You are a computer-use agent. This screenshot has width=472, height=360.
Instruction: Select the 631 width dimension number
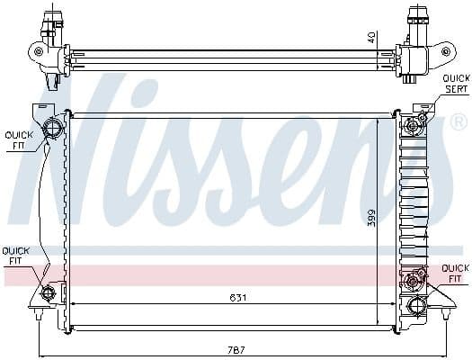pos(236,298)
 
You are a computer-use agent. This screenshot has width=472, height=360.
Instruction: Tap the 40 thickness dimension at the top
pos(370,37)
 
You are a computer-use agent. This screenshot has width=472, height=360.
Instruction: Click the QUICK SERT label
pos(455,83)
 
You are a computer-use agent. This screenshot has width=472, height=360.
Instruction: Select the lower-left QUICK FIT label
pos(15,256)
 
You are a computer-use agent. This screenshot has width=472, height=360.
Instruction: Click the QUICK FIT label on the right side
pos(455,273)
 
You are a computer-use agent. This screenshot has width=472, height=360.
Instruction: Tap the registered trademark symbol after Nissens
pos(458,121)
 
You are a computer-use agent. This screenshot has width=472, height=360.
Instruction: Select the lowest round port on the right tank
pos(415,307)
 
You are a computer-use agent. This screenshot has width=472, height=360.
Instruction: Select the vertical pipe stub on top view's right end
pos(415,18)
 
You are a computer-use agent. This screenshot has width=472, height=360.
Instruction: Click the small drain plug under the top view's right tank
pos(411,79)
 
